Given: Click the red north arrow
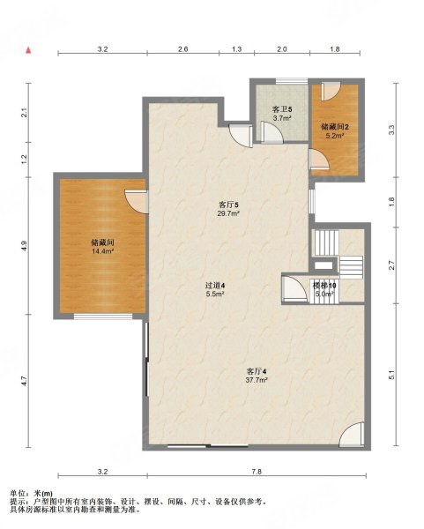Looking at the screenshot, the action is tap(29, 50).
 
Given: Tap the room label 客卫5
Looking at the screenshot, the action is tap(282, 109).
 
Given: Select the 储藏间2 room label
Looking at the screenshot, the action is tap(335, 127).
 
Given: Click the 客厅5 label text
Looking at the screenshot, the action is tap(228, 205).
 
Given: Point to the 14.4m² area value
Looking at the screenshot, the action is tap(102, 251).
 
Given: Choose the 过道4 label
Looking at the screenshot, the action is tap(215, 286).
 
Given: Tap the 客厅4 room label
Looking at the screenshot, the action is tap(257, 371).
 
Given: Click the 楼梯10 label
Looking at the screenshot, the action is tap(324, 286).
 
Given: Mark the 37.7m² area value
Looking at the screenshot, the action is tap(257, 380).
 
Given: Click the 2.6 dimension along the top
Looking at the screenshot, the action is tap(182, 49).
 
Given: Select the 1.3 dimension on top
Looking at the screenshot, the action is tap(236, 49).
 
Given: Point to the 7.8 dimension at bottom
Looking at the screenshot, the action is tap(257, 472).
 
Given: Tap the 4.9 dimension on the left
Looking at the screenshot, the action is tap(24, 245).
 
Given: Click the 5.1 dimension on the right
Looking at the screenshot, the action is tap(391, 376).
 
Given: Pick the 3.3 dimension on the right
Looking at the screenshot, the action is tap(391, 130).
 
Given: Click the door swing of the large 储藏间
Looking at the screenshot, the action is tap(137, 201).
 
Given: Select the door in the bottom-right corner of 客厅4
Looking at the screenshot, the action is tap(352, 435).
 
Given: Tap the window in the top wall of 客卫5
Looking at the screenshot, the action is tap(292, 81).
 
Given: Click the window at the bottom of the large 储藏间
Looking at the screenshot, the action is tap(103, 317).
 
